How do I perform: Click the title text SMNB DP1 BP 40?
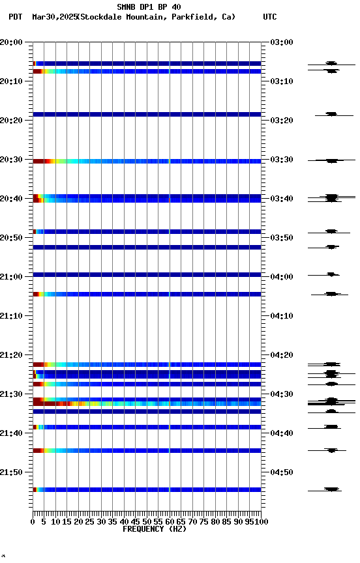point(149,7)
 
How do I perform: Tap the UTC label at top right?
point(269,17)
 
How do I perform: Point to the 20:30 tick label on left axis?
point(11,160)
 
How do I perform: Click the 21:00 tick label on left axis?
point(11,277)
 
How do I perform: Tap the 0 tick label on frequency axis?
point(33,522)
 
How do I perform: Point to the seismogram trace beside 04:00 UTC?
point(332,274)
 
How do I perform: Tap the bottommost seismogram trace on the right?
point(332,489)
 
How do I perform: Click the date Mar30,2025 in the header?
point(53,17)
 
